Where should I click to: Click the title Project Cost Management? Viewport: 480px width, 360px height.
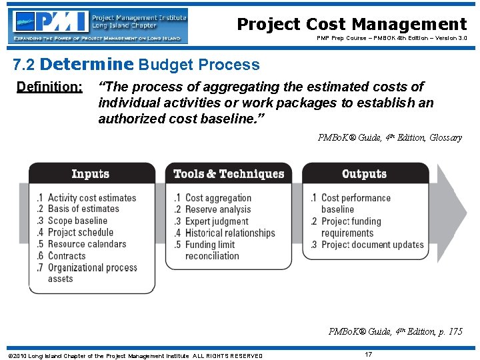[352, 25]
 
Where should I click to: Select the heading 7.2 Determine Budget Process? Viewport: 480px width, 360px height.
[137, 65]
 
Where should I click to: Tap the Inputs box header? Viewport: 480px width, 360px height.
[91, 174]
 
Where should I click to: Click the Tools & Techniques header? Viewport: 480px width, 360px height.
[229, 174]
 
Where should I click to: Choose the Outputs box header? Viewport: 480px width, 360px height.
[364, 174]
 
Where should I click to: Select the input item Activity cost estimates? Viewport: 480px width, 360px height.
[91, 198]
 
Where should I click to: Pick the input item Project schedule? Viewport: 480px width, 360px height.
[81, 233]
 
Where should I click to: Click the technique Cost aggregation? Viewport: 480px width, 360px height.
[218, 198]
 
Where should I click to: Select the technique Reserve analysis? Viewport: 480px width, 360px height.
[218, 209]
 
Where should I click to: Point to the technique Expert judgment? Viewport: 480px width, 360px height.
[217, 221]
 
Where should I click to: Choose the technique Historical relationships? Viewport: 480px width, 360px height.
[230, 233]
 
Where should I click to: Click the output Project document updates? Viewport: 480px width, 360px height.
[372, 245]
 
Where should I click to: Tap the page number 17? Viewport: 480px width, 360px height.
[369, 355]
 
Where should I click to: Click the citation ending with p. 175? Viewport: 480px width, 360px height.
[395, 331]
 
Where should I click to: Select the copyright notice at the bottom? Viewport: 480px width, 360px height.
[135, 355]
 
